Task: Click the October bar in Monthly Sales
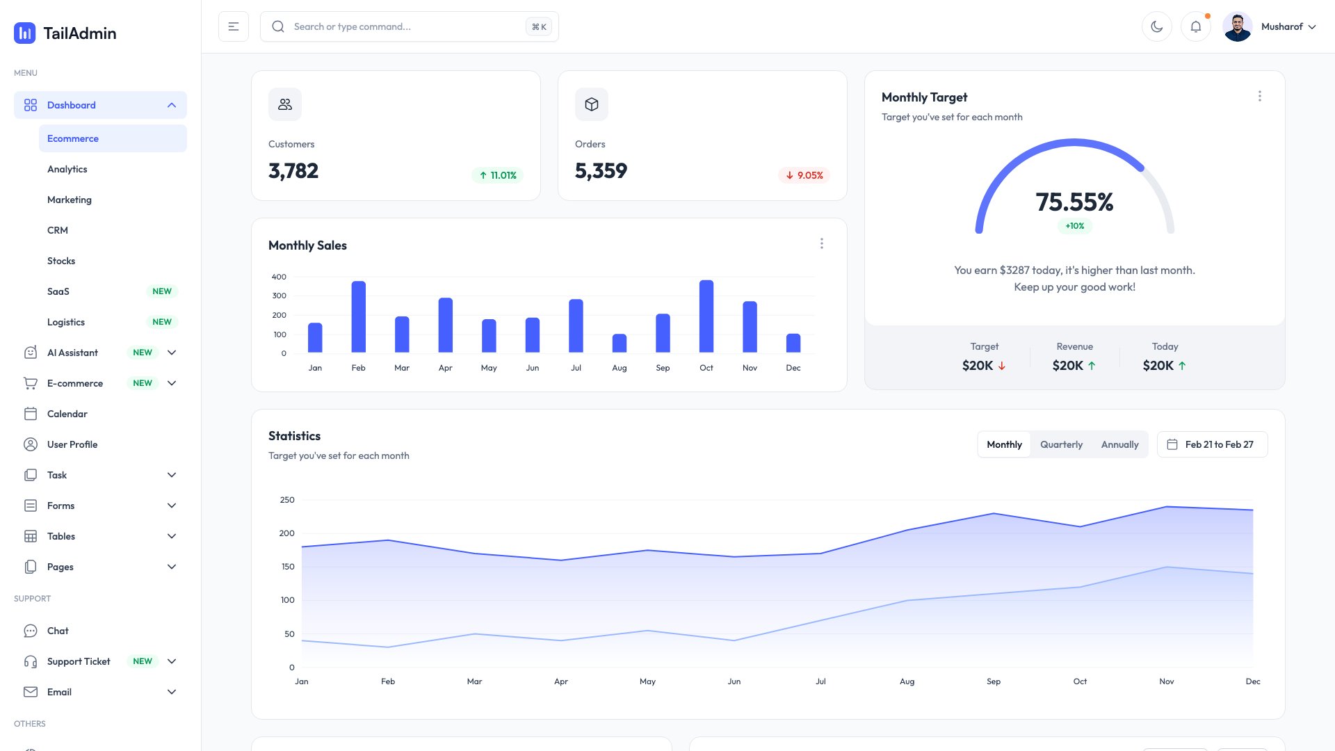[706, 316]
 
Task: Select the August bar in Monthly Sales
[620, 343]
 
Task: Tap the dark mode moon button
[1157, 26]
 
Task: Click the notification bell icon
[1196, 26]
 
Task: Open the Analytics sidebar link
[67, 169]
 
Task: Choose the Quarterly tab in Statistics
[1061, 444]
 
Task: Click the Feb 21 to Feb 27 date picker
[1212, 444]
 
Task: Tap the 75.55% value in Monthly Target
[1074, 202]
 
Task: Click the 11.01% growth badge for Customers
[498, 175]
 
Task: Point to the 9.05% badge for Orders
[804, 175]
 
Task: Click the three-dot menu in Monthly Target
[1259, 97]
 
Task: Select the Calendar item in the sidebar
[67, 414]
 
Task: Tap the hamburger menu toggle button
[234, 26]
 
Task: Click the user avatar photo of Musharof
[1238, 26]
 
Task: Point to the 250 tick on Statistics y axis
[287, 500]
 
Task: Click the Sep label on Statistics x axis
[994, 681]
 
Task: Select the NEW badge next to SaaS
[162, 291]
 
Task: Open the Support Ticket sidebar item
[79, 661]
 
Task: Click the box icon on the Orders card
[592, 104]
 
